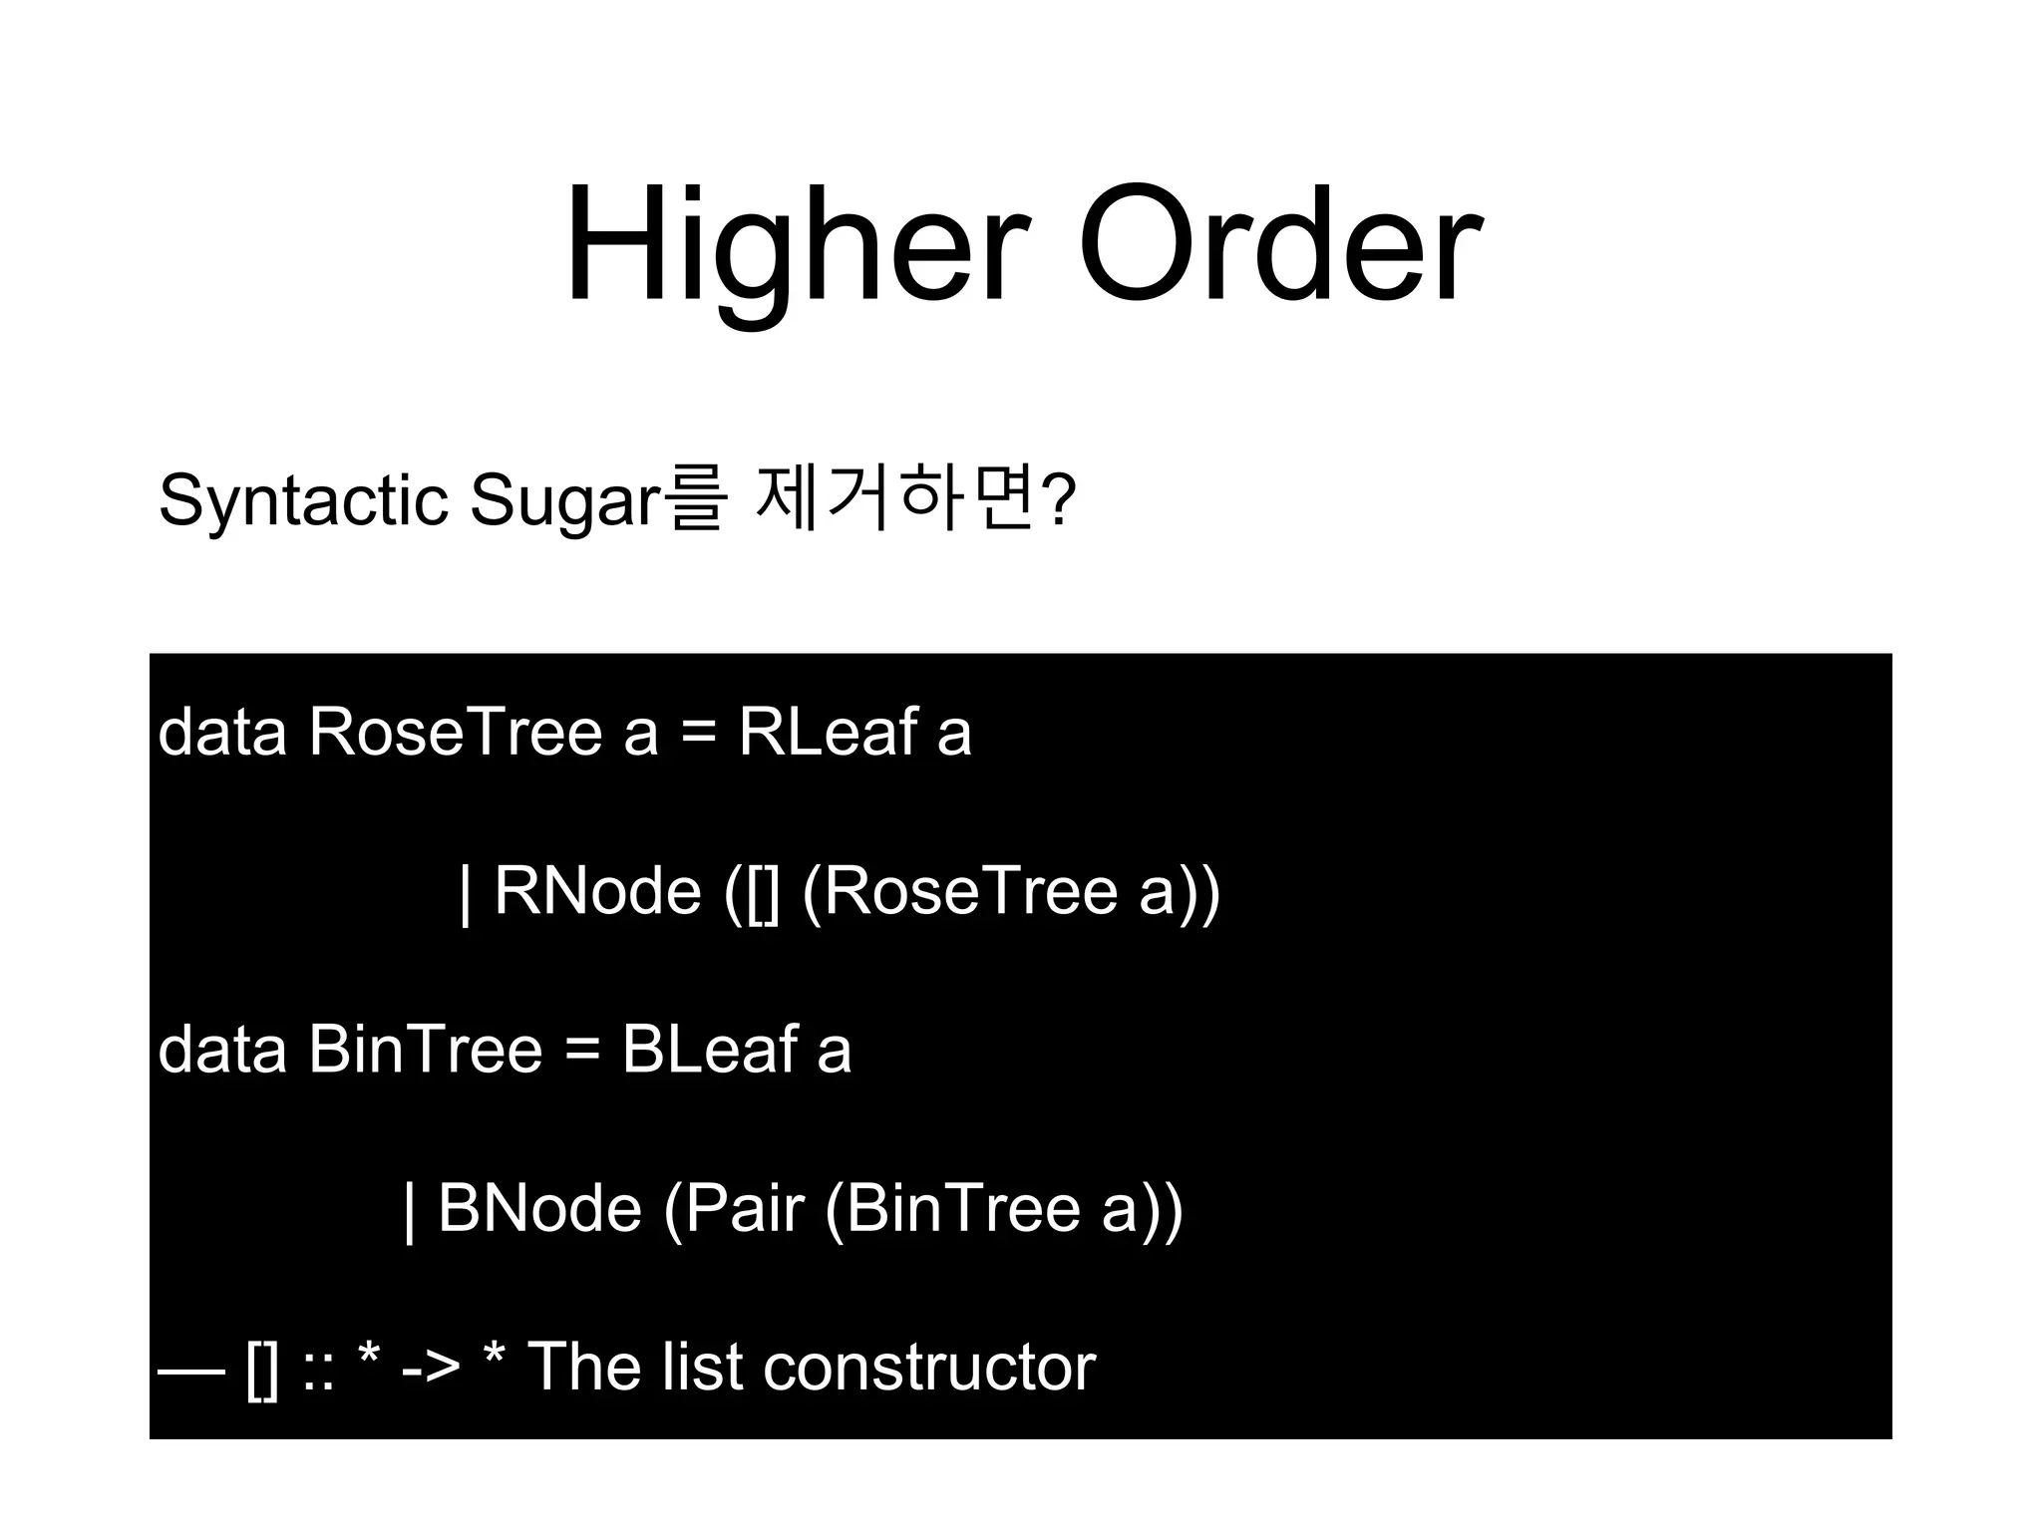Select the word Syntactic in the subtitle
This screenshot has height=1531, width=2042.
(303, 499)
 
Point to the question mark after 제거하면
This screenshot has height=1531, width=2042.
(1059, 501)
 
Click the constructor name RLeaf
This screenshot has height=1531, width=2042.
(827, 733)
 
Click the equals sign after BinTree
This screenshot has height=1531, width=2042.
(582, 1052)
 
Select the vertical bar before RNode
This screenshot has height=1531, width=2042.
(465, 893)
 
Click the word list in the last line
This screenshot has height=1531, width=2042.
(702, 1367)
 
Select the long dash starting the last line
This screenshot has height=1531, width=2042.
(191, 1370)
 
